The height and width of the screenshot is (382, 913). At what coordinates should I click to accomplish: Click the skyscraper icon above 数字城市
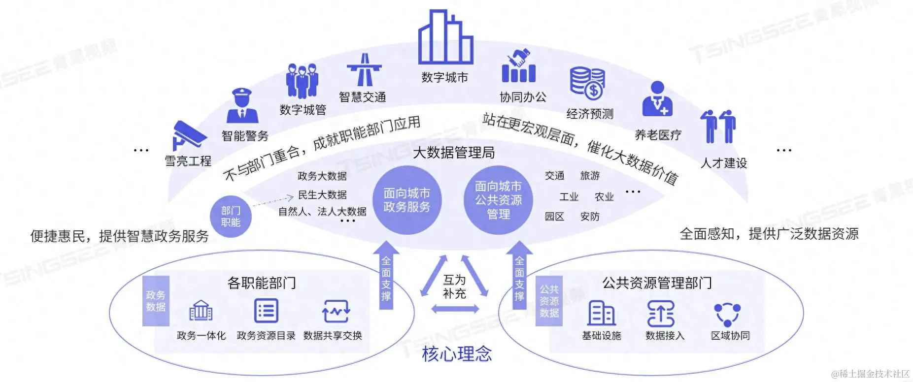pos(445,38)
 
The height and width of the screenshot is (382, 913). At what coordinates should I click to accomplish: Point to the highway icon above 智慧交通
pos(364,70)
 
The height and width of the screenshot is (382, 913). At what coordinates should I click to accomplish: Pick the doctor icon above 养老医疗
pos(657,100)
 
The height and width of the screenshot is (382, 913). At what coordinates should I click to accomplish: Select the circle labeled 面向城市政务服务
pos(406,200)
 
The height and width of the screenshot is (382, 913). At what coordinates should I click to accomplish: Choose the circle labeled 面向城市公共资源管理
pos(498,200)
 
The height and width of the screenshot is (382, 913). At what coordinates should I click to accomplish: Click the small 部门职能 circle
pos(231,217)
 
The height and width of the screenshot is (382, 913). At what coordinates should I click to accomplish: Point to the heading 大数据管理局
pos(454,153)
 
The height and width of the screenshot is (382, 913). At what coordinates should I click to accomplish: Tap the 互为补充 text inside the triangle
pos(454,286)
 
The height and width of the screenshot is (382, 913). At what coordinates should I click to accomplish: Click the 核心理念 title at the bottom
pos(457,354)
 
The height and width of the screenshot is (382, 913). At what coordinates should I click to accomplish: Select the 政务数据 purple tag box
pos(156,301)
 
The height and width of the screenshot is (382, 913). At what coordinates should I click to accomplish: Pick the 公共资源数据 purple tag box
pos(549,301)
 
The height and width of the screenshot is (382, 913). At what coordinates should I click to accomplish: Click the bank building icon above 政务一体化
pos(201,311)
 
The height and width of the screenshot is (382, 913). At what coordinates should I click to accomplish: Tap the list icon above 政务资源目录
pos(266,311)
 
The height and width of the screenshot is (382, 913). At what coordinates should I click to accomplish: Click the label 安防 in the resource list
pos(590,217)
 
